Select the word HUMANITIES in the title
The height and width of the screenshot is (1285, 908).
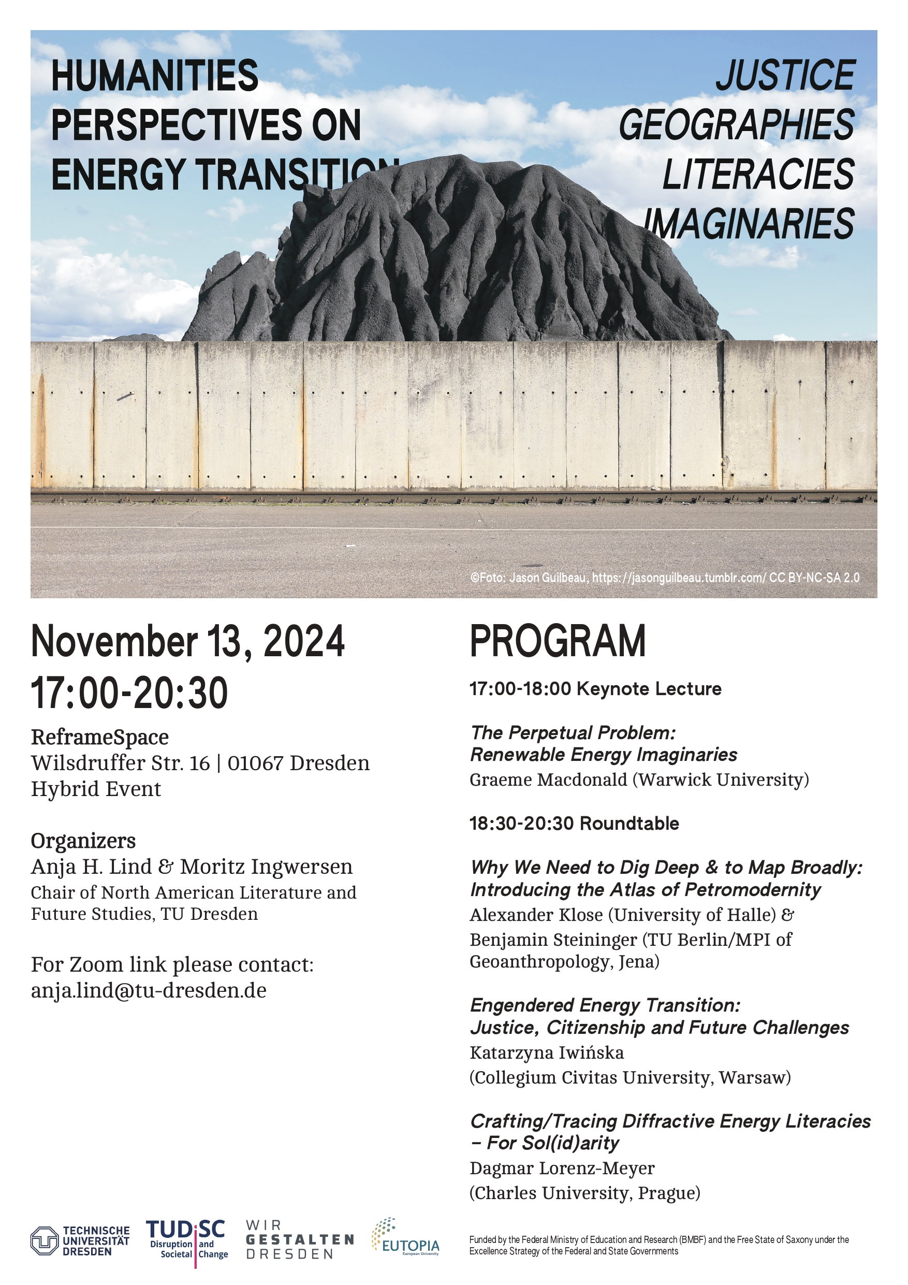click(155, 76)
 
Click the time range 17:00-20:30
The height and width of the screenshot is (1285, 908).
click(129, 693)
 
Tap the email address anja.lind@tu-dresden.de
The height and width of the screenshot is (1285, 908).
click(149, 990)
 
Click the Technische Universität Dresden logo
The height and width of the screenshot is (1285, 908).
click(80, 1241)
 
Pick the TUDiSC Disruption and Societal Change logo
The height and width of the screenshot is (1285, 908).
click(187, 1241)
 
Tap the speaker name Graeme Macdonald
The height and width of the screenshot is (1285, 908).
click(548, 779)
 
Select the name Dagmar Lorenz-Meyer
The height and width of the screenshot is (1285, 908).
click(562, 1168)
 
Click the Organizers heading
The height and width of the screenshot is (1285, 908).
click(83, 841)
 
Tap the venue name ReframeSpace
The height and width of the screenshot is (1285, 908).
click(99, 737)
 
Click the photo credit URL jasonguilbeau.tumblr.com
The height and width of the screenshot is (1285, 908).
click(679, 577)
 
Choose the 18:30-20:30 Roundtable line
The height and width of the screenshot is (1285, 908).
click(574, 824)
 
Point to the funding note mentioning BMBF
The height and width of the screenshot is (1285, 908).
click(659, 1245)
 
